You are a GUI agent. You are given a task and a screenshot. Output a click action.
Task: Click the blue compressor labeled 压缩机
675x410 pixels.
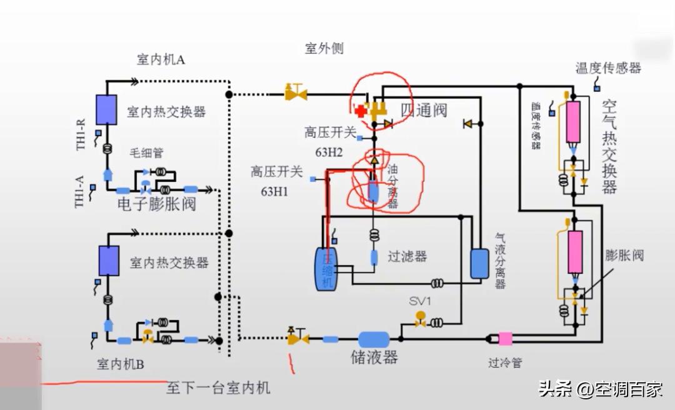pyautogui.click(x=326, y=268)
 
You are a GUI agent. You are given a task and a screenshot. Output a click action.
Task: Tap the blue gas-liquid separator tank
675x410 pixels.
pyautogui.click(x=479, y=263)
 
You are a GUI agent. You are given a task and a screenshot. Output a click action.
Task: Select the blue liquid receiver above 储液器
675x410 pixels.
pyautogui.click(x=374, y=339)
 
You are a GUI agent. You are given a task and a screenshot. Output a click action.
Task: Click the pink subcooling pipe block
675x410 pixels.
pyautogui.click(x=505, y=339)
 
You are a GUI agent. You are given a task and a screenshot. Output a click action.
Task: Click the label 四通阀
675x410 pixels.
pyautogui.click(x=424, y=111)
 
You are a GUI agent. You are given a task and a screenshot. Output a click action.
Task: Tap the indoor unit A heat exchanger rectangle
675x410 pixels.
pyautogui.click(x=106, y=109)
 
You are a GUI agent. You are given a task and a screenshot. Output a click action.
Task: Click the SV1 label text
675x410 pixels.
pyautogui.click(x=421, y=301)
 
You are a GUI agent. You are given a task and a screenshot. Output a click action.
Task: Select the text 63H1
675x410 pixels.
pyautogui.click(x=274, y=191)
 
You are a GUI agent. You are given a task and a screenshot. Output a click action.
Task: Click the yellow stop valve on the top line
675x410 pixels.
pyautogui.click(x=295, y=94)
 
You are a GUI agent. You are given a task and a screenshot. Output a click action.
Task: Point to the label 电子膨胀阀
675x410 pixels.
pyautogui.click(x=156, y=204)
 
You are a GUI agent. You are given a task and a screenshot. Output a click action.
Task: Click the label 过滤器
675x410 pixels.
pyautogui.click(x=407, y=256)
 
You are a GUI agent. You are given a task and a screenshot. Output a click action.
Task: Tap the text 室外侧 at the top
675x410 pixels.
pyautogui.click(x=324, y=48)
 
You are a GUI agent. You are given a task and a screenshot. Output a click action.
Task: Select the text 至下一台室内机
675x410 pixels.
pyautogui.click(x=218, y=387)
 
